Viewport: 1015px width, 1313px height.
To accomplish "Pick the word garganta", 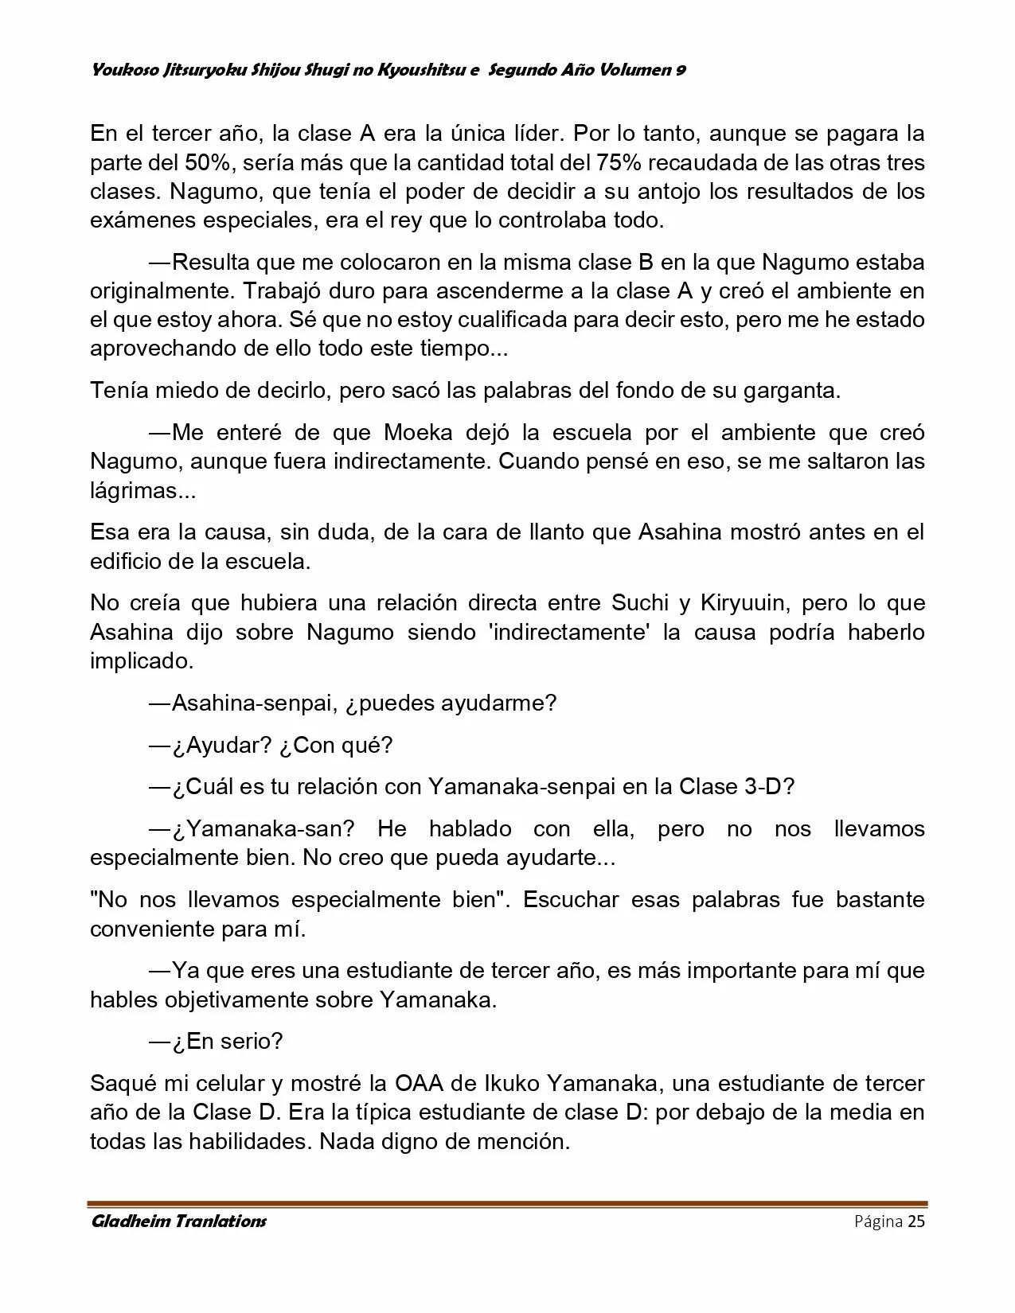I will [x=791, y=391].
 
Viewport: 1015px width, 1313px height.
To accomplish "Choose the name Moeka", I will [x=419, y=432].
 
